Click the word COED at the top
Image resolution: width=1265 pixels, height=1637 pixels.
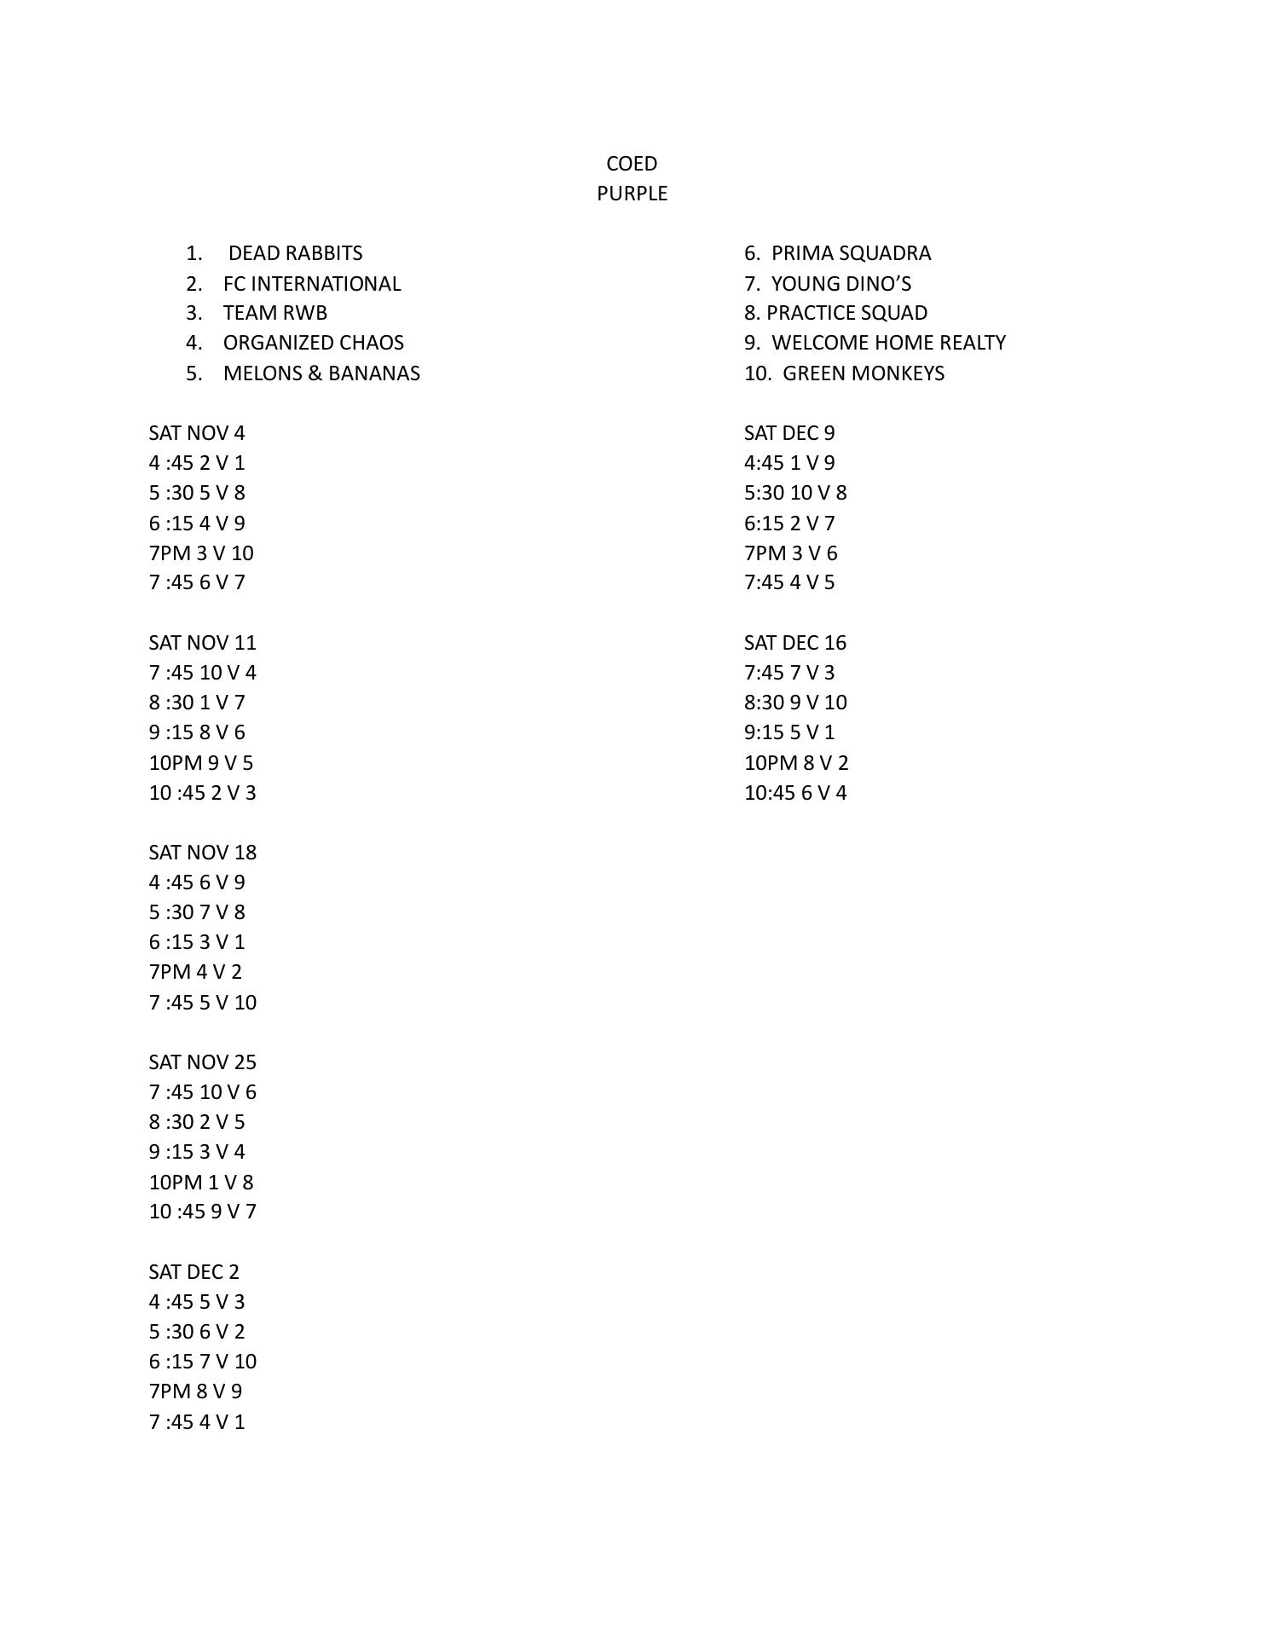632,164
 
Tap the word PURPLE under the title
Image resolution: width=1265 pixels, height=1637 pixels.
632,194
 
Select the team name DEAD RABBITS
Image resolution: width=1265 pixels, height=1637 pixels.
295,253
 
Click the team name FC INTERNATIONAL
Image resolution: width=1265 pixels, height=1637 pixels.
311,284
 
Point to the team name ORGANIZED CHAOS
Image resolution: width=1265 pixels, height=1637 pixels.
313,343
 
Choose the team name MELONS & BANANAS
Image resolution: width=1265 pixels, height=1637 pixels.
321,373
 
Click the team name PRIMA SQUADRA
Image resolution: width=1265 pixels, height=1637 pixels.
851,253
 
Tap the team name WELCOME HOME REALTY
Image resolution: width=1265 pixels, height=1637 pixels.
888,343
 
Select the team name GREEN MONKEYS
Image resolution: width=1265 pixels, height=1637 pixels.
863,373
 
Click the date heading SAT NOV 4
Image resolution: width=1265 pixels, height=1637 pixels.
197,433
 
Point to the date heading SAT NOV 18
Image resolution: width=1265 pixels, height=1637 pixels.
203,853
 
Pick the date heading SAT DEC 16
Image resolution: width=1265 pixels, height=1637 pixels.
795,643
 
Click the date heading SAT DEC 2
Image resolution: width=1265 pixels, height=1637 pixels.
194,1272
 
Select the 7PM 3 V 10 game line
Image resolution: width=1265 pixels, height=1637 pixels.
201,553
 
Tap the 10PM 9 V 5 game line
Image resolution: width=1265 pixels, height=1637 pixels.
201,763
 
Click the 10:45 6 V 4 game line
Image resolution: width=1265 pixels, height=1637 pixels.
795,793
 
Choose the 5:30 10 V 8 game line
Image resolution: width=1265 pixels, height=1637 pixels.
795,493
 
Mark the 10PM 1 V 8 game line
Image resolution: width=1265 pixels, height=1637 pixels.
201,1183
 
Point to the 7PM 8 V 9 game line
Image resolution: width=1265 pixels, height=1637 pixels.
195,1391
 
